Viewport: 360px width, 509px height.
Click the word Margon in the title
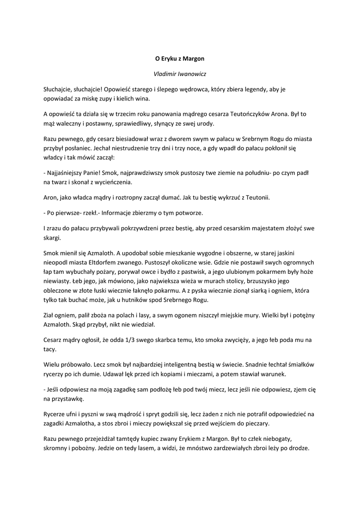193,58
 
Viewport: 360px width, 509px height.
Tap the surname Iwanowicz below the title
193,74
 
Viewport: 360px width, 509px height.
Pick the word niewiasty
57,281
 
